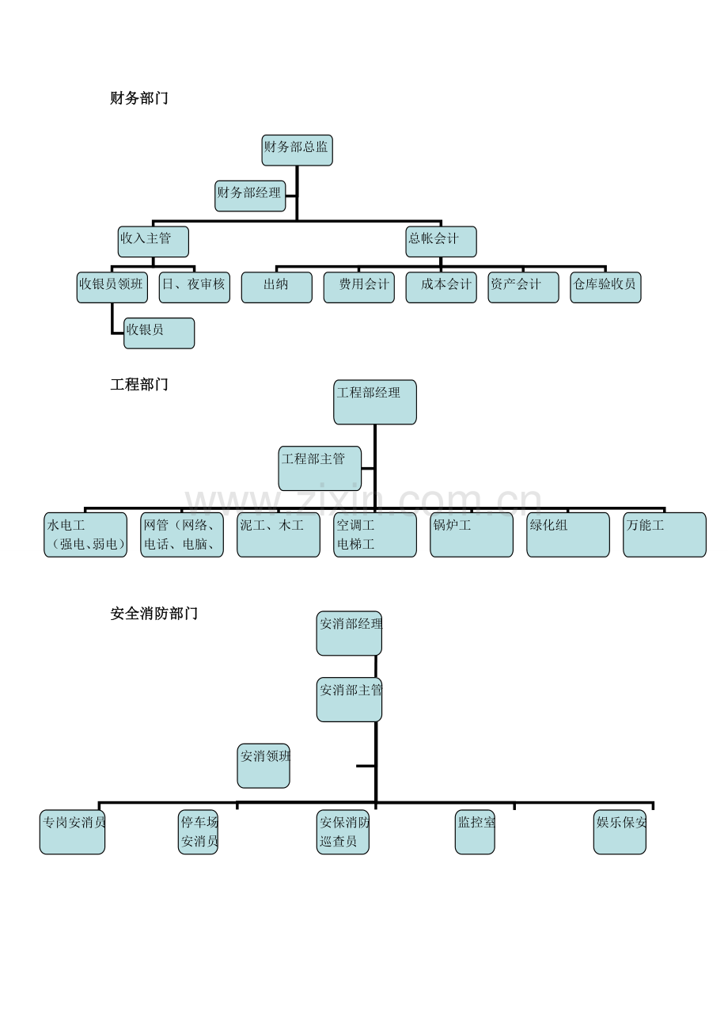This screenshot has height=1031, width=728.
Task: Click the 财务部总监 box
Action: (x=297, y=150)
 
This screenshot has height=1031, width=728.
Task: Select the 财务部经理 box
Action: (x=250, y=196)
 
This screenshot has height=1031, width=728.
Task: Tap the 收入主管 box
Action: (x=154, y=242)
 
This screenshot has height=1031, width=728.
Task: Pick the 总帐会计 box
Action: (x=441, y=242)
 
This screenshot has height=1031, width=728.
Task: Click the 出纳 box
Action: (x=277, y=287)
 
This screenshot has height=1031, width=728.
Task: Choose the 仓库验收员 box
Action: (x=605, y=287)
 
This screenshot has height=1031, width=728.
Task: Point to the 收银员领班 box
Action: (x=112, y=287)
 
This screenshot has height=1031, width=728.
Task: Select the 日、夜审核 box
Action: (x=195, y=287)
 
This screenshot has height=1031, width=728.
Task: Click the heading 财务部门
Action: (x=139, y=98)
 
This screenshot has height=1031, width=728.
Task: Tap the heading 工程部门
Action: (x=139, y=384)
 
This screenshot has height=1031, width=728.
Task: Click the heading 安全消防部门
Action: (x=154, y=614)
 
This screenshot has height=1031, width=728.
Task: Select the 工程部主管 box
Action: (x=320, y=468)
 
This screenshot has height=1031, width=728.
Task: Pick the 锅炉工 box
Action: (x=472, y=535)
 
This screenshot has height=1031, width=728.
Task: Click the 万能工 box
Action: (x=665, y=535)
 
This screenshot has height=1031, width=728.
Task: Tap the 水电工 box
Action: (x=85, y=535)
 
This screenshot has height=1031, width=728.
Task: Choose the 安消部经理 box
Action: (x=349, y=633)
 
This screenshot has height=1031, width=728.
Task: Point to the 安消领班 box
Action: (x=264, y=766)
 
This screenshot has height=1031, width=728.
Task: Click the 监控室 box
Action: (x=475, y=832)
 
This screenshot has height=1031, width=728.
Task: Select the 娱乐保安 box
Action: (x=620, y=832)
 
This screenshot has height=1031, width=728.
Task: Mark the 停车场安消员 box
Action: (x=198, y=832)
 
